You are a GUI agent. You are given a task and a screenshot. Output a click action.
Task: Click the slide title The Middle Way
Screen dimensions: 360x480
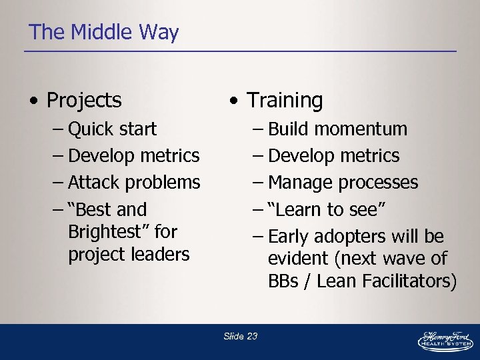click(x=104, y=32)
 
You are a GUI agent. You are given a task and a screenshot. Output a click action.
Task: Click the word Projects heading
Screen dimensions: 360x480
click(x=84, y=100)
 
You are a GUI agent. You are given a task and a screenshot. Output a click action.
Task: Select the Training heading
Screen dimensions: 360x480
click(x=285, y=100)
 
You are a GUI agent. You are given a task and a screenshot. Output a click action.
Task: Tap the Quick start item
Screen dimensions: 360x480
click(x=112, y=129)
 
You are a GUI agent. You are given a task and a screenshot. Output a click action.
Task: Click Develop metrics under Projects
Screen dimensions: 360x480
click(x=133, y=155)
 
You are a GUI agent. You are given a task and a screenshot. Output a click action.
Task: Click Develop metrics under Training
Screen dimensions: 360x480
click(x=333, y=155)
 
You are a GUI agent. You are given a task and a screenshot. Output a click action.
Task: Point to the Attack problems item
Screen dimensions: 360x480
click(x=133, y=182)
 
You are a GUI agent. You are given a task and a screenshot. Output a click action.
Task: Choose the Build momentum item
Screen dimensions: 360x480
click(x=338, y=129)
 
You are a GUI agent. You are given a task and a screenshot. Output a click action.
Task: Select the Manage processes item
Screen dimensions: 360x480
click(x=343, y=182)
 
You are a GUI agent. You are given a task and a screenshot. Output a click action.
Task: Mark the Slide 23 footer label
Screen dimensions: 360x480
click(x=240, y=336)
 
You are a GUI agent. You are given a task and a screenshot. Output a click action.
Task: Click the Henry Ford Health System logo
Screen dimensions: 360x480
click(x=445, y=339)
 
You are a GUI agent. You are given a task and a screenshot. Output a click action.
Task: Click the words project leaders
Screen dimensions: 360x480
click(x=128, y=254)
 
